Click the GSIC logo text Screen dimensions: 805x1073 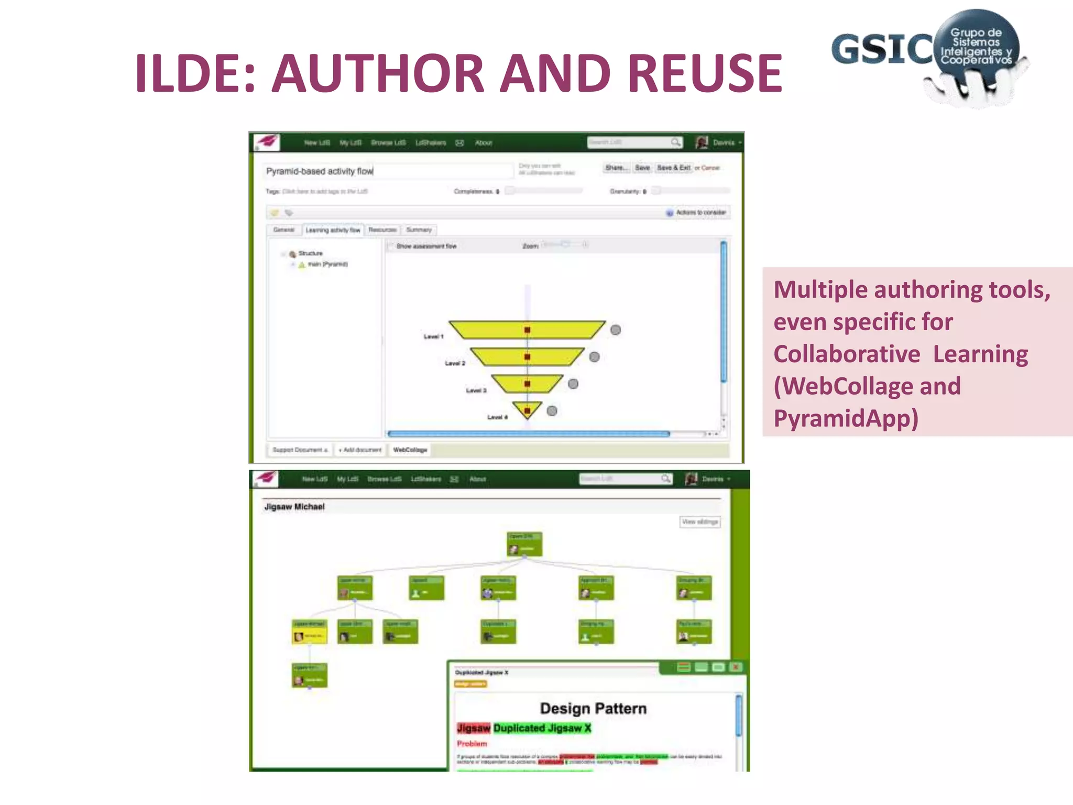882,50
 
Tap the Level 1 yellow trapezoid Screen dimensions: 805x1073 527,330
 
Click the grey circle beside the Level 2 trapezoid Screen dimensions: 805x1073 594,357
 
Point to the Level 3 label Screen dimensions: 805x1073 476,390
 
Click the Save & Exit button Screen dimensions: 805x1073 674,168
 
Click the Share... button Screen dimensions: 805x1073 616,168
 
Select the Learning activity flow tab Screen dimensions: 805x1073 333,230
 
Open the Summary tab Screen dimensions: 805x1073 419,230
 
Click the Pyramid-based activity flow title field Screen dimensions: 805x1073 388,171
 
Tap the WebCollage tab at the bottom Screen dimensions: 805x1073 410,450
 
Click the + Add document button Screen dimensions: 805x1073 360,450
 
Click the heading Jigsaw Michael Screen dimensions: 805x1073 294,507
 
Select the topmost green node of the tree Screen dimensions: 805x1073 524,544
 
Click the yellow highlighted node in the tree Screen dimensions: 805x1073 309,632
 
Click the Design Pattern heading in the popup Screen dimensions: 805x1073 593,709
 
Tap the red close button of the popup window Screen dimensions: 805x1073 736,667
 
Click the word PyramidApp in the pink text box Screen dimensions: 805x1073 846,418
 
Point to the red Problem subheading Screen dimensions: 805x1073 472,744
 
